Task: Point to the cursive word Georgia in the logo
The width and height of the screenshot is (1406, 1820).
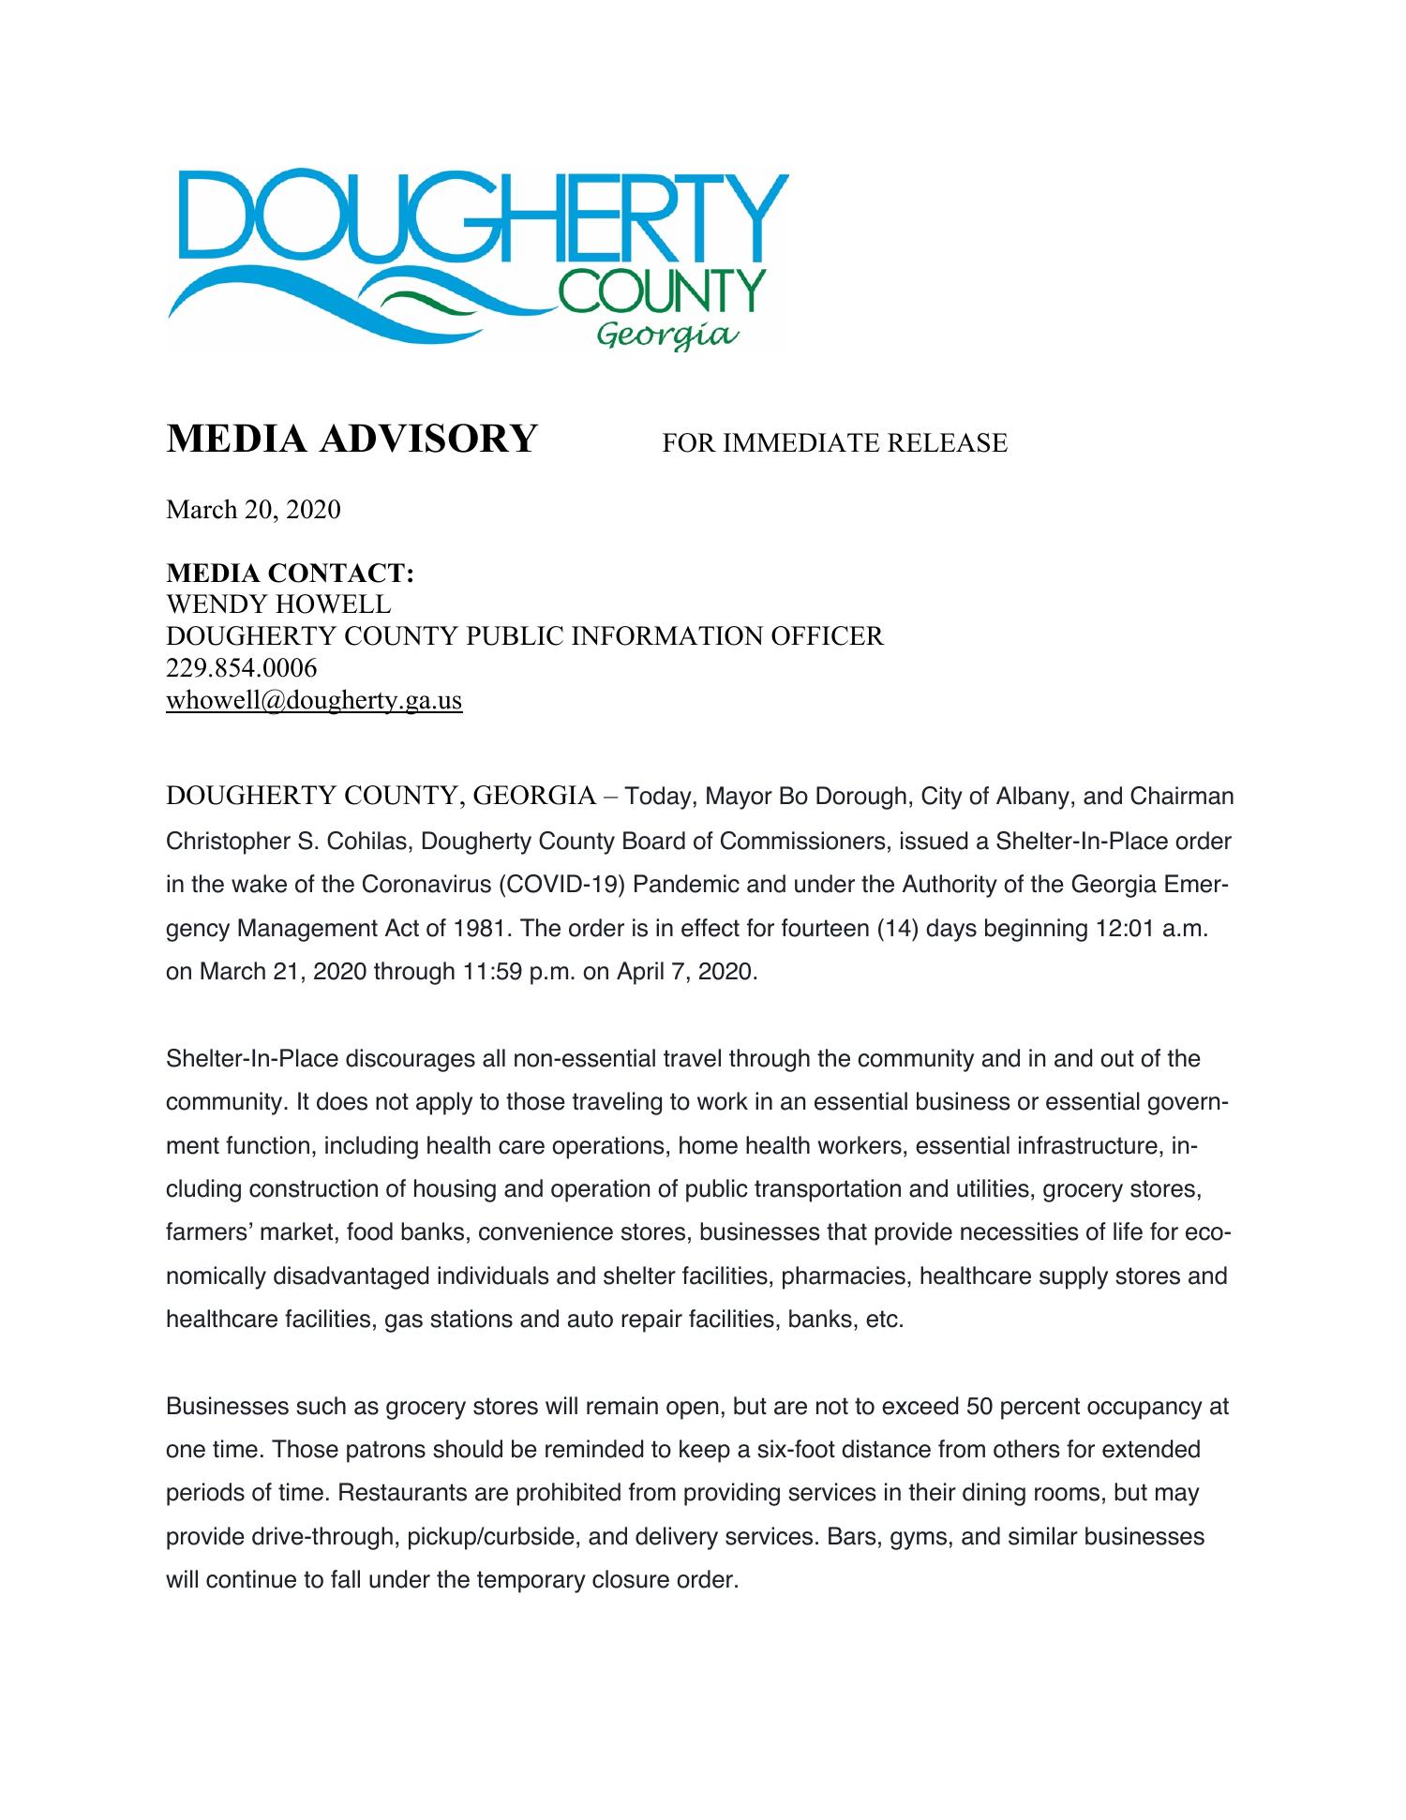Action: pyautogui.click(x=667, y=335)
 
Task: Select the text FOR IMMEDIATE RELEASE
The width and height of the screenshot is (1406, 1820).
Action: pyautogui.click(x=834, y=443)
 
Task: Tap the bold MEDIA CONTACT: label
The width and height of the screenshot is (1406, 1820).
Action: pyautogui.click(x=290, y=574)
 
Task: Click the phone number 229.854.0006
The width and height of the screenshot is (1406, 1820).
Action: pyautogui.click(x=241, y=668)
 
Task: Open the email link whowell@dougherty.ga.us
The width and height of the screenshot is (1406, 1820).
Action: pyautogui.click(x=314, y=700)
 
